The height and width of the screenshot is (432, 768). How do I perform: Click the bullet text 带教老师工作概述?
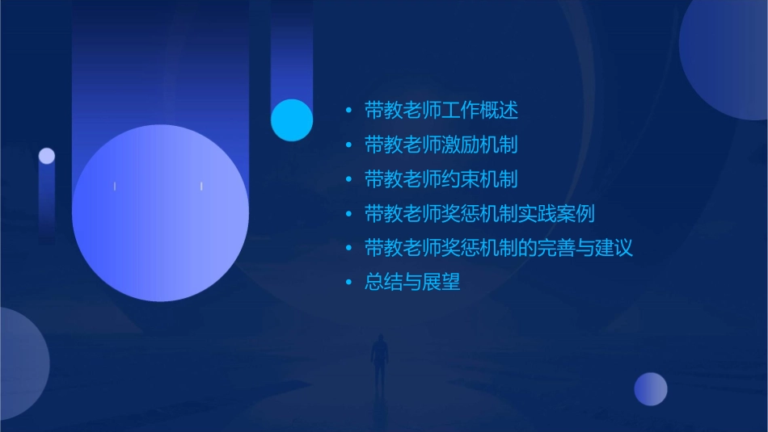tap(441, 111)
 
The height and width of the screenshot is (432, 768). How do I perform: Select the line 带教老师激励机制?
tap(441, 145)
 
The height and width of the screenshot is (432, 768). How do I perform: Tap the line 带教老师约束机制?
tap(441, 179)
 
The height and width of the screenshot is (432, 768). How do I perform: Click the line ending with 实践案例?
tap(479, 214)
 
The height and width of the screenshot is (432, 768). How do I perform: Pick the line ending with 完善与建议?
tap(498, 248)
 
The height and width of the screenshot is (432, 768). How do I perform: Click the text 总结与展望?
tap(412, 283)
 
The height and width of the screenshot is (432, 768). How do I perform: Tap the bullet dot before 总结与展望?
tap(349, 283)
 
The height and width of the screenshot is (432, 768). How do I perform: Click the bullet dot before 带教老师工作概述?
tap(349, 111)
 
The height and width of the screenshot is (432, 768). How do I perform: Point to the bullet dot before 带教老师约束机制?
tap(349, 179)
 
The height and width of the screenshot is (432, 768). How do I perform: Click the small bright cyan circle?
tap(292, 120)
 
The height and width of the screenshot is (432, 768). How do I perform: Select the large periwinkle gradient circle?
tap(160, 213)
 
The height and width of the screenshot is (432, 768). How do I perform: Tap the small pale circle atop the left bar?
tap(47, 156)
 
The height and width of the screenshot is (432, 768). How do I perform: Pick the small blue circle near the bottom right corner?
tap(651, 389)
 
